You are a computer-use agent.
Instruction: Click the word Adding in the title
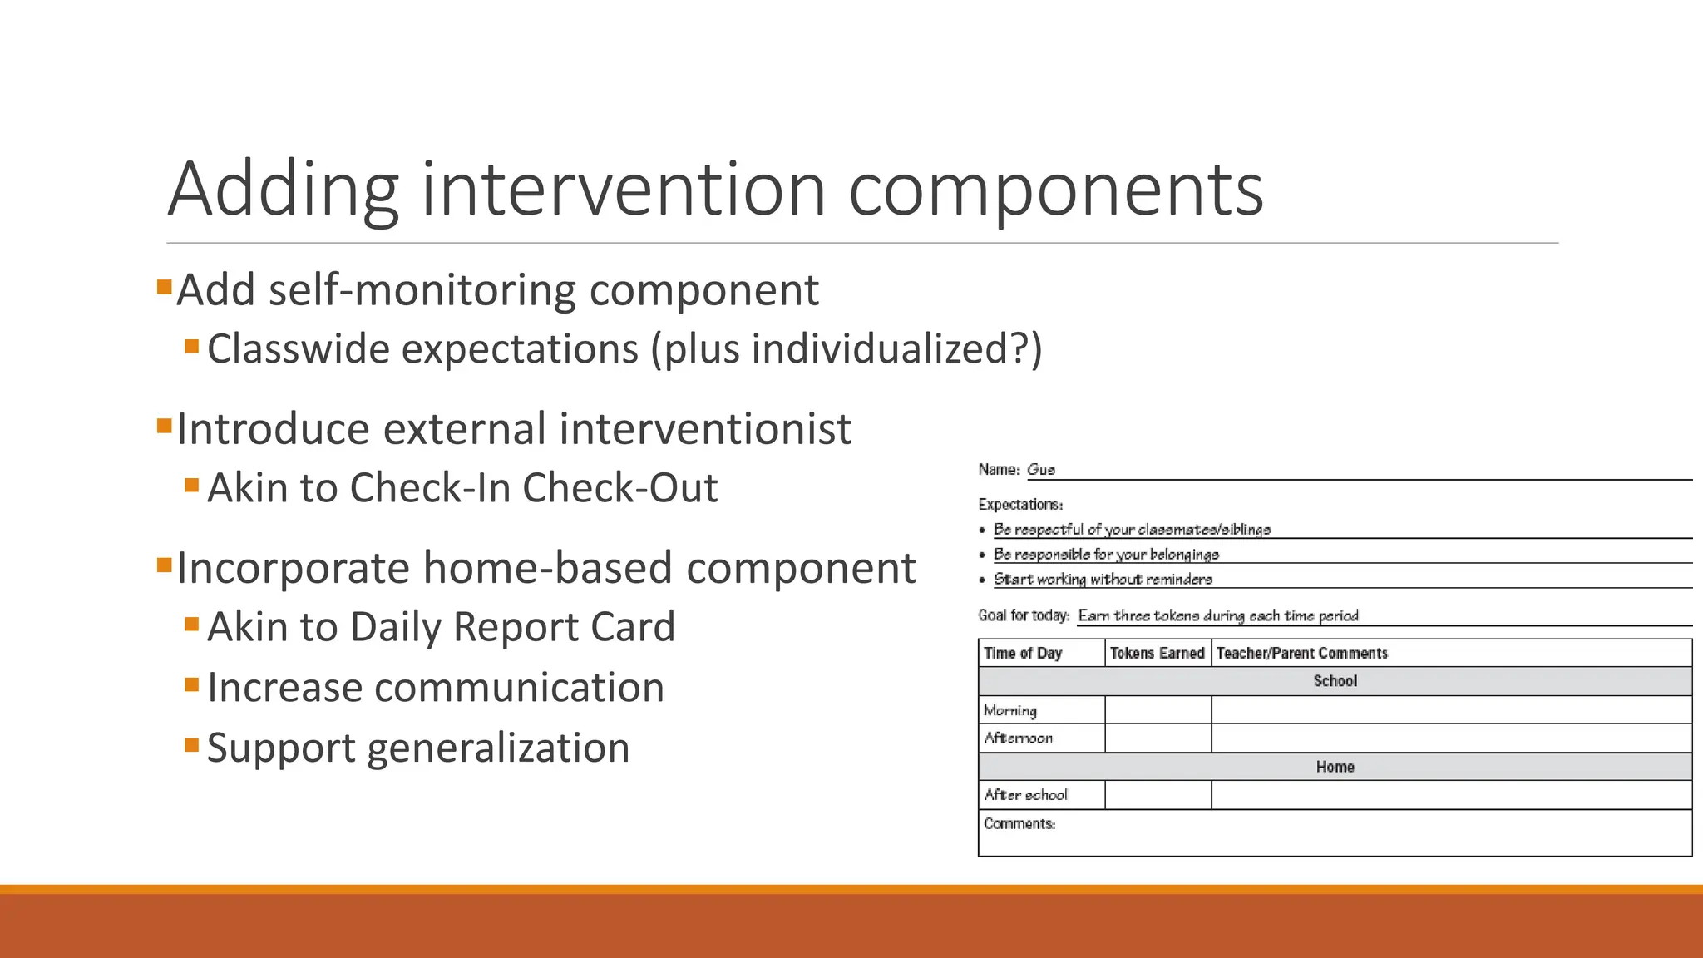(283, 191)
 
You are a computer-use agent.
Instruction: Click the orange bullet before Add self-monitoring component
(164, 289)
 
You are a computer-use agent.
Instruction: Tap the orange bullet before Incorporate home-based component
(164, 566)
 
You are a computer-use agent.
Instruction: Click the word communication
(519, 687)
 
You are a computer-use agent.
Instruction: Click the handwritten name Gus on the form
(1040, 470)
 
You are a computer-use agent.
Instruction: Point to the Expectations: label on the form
(1020, 504)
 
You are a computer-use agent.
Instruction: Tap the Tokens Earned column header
(1157, 653)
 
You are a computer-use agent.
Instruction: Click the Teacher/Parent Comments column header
(1301, 653)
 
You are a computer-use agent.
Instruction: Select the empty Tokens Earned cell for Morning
(1158, 710)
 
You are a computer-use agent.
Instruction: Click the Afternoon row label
(1018, 738)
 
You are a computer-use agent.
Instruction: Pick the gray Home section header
(1335, 767)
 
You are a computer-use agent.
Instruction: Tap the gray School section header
(1335, 681)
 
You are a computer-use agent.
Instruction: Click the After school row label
(1025, 795)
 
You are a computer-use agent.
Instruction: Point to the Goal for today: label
(1023, 615)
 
